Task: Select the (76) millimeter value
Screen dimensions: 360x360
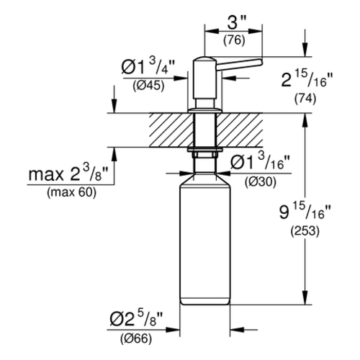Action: pos(234,40)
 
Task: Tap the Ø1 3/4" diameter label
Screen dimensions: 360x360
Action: pos(148,66)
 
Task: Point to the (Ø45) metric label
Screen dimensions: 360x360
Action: pos(148,86)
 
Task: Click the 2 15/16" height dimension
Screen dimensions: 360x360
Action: pos(307,79)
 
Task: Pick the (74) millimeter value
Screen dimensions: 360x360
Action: pos(305,99)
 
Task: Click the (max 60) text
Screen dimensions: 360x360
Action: pos(71,192)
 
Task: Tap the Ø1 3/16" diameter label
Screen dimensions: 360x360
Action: pos(261,161)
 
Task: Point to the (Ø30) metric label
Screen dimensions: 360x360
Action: pos(261,182)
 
